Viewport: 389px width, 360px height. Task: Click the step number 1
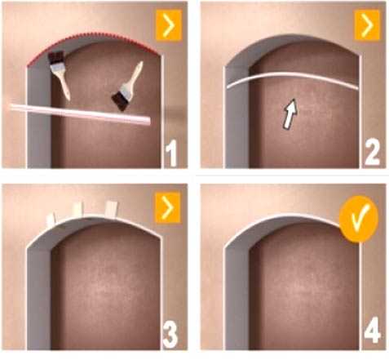[171, 153]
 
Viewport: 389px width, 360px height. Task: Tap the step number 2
[372, 153]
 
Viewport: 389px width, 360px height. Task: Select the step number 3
[170, 335]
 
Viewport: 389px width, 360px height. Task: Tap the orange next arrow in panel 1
[169, 25]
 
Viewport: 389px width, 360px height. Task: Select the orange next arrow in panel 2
[367, 25]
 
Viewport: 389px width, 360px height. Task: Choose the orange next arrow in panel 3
[168, 207]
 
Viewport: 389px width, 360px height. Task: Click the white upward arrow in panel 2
[290, 113]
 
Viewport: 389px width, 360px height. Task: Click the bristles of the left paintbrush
[55, 58]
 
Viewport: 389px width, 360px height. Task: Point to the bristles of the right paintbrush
[120, 101]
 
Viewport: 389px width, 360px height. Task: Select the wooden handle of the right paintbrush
[136, 73]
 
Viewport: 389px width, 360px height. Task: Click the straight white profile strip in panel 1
[80, 114]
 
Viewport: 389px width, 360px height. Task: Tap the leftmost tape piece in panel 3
[51, 220]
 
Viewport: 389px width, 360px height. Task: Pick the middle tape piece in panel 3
[77, 210]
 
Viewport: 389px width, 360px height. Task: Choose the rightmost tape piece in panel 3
[111, 209]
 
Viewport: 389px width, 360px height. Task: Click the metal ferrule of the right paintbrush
[126, 89]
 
